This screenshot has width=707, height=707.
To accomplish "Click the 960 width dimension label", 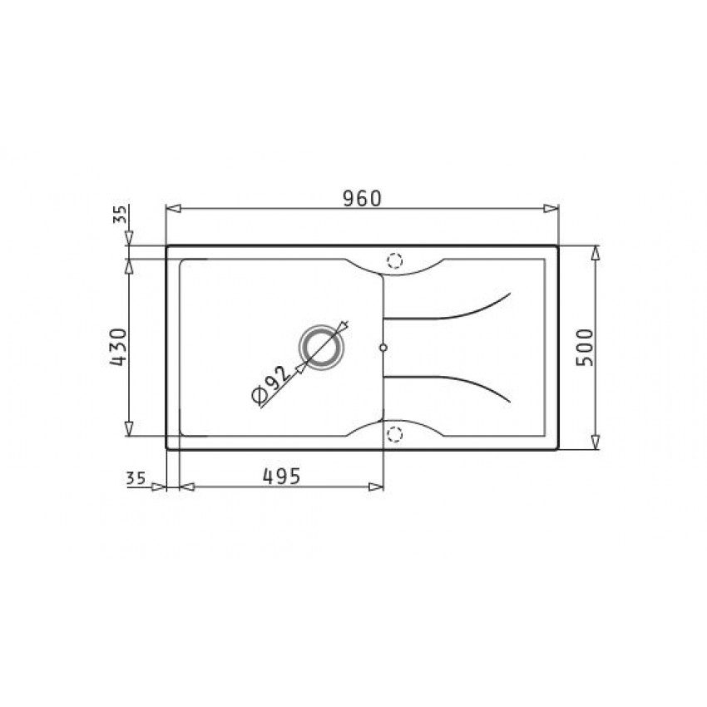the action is pyautogui.click(x=362, y=199).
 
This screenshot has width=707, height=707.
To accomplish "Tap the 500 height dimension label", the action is pyautogui.click(x=586, y=348).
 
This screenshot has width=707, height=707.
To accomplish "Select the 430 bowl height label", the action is pyautogui.click(x=119, y=347).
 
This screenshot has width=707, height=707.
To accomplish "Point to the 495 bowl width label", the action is pyautogui.click(x=281, y=476).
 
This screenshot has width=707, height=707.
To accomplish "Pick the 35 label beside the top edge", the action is pyautogui.click(x=120, y=215).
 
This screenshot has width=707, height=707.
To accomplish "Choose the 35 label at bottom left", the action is pyautogui.click(x=136, y=478).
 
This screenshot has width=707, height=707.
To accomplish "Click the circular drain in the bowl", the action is pyautogui.click(x=322, y=348).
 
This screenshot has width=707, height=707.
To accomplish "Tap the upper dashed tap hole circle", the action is pyautogui.click(x=394, y=260).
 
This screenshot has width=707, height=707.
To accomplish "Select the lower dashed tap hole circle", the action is pyautogui.click(x=394, y=434).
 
